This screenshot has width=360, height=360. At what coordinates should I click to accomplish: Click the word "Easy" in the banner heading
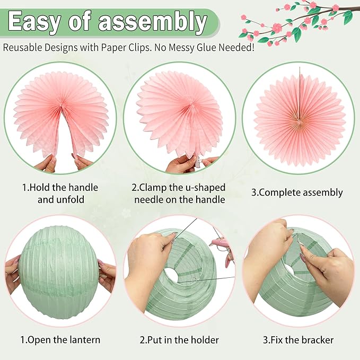tap(34, 22)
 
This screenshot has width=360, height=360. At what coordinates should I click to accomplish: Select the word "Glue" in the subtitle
tap(206, 48)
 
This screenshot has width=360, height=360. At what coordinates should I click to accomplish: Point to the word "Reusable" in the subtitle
tap(22, 48)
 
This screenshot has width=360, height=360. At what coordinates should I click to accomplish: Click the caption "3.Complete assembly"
tap(297, 192)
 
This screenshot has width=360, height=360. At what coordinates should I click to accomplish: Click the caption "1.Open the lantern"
tap(60, 340)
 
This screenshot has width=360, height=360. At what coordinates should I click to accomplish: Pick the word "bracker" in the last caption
tap(318, 340)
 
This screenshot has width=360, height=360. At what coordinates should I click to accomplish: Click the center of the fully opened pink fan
tap(300, 120)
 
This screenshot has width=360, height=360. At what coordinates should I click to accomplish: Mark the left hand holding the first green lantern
tap(13, 276)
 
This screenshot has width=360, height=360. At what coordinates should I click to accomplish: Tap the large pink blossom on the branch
tap(278, 28)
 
